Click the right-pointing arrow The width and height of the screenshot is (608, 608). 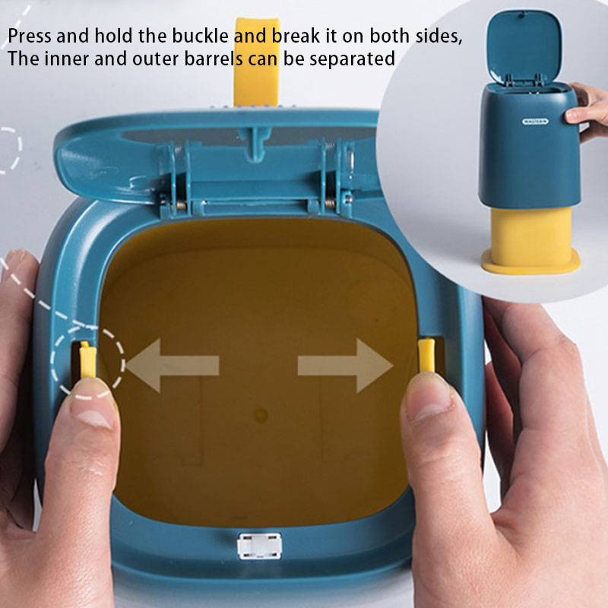[x=346, y=366]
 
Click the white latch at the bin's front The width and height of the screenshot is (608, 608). [x=259, y=546]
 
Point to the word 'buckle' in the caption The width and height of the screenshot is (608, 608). [x=201, y=36]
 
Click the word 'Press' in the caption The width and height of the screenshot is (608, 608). [x=30, y=36]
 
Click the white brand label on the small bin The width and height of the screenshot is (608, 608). [x=535, y=122]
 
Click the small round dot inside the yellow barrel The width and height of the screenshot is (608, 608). [x=261, y=415]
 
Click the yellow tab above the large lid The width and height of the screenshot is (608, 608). [x=257, y=62]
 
